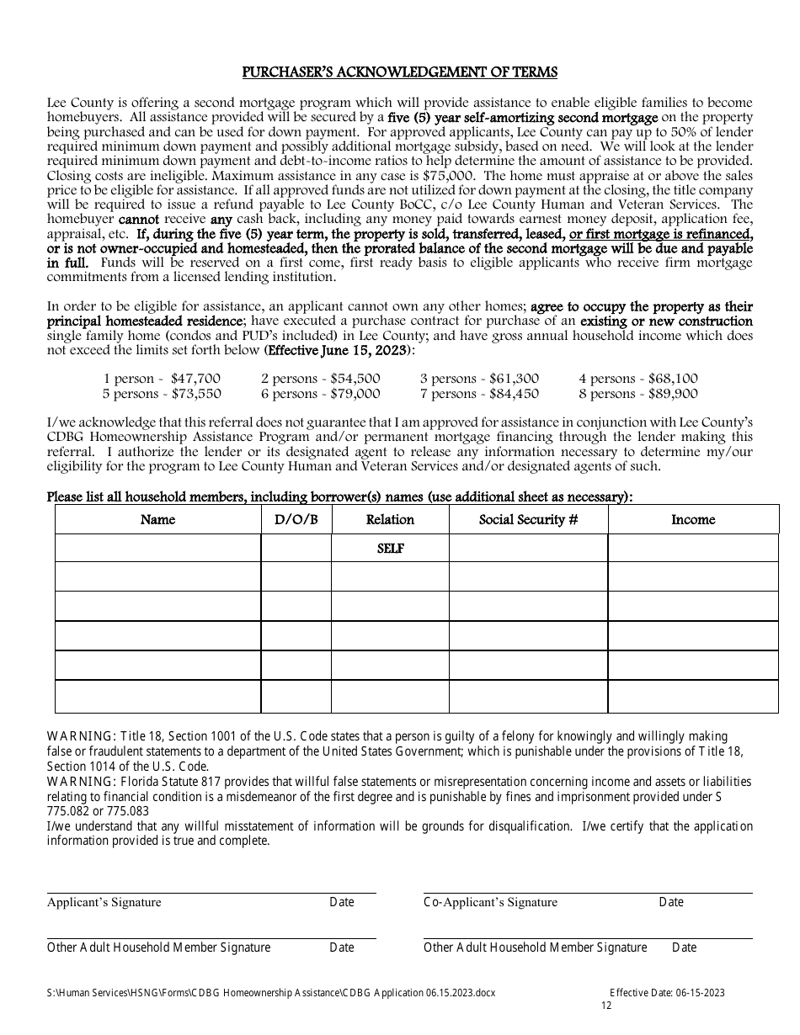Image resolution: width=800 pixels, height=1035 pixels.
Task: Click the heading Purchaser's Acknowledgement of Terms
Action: [x=400, y=72]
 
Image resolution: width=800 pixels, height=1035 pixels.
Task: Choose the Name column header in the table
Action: [x=157, y=520]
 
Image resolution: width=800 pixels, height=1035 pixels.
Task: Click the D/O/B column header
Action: [x=296, y=520]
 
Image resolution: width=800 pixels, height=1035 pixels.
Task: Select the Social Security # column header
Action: [x=528, y=520]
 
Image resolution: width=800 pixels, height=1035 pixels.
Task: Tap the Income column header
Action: [x=692, y=520]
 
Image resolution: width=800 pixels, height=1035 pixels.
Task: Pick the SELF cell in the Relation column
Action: [x=390, y=549]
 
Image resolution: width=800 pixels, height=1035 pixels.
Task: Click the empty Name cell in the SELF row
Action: [x=157, y=549]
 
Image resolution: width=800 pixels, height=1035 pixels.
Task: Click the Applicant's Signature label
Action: [x=104, y=902]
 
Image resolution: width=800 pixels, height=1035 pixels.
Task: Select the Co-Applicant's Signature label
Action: [x=490, y=902]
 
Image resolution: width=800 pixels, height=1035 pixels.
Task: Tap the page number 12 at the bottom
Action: [x=607, y=1006]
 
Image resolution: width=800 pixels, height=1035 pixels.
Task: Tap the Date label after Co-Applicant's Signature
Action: [x=671, y=902]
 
